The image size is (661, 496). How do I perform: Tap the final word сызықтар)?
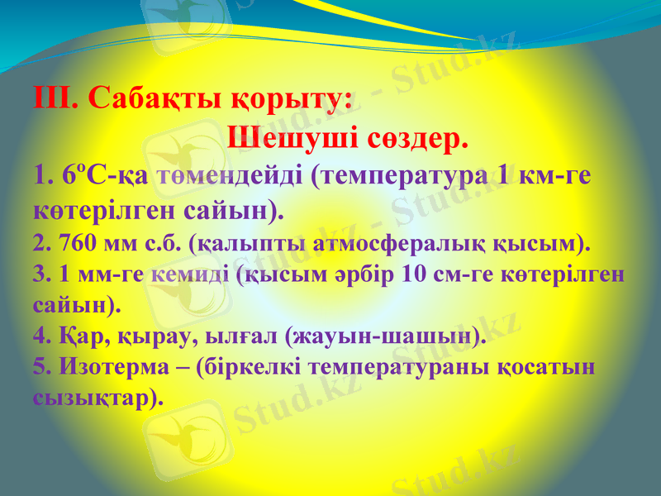pos(98,397)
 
